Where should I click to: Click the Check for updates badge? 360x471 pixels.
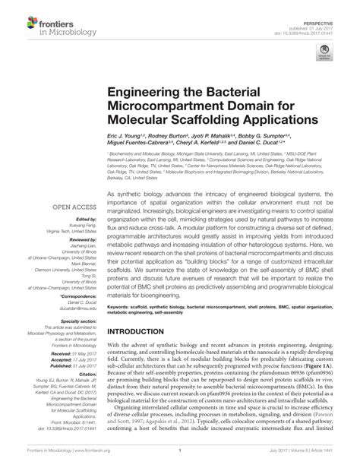(x=326, y=53)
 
